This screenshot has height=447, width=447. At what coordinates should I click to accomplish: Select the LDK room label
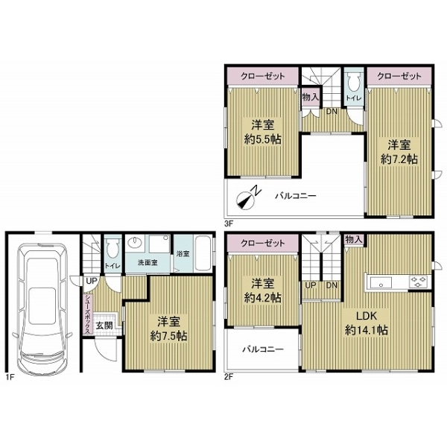coord(367,316)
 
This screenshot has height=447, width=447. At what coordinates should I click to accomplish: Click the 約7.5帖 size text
coord(168,337)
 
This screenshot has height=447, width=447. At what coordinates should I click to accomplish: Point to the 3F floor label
coord(229,223)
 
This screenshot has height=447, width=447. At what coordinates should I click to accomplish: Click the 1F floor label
coord(10,378)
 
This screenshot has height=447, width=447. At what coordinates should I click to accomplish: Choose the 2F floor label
coord(229,378)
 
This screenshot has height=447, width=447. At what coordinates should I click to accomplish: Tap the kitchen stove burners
coord(419,282)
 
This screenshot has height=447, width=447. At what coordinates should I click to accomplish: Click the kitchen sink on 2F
coord(381,283)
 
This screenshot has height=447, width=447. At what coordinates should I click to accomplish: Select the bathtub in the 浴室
coord(203,253)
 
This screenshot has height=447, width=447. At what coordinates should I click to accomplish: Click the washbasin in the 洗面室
coord(134,243)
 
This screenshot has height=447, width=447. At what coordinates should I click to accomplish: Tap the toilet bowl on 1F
coord(112,248)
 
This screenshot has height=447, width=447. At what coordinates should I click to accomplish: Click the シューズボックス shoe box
coord(88,314)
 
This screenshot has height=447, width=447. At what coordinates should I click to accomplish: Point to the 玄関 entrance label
coord(104,326)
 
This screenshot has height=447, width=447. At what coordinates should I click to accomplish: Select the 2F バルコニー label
coord(263,349)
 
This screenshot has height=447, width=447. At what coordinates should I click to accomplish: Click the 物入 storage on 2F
coord(353,239)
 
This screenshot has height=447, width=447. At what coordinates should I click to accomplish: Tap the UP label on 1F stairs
coord(92,281)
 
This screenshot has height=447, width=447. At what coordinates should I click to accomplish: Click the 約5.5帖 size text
coord(262,139)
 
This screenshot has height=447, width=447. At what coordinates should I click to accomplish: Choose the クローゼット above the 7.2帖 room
coord(399,76)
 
